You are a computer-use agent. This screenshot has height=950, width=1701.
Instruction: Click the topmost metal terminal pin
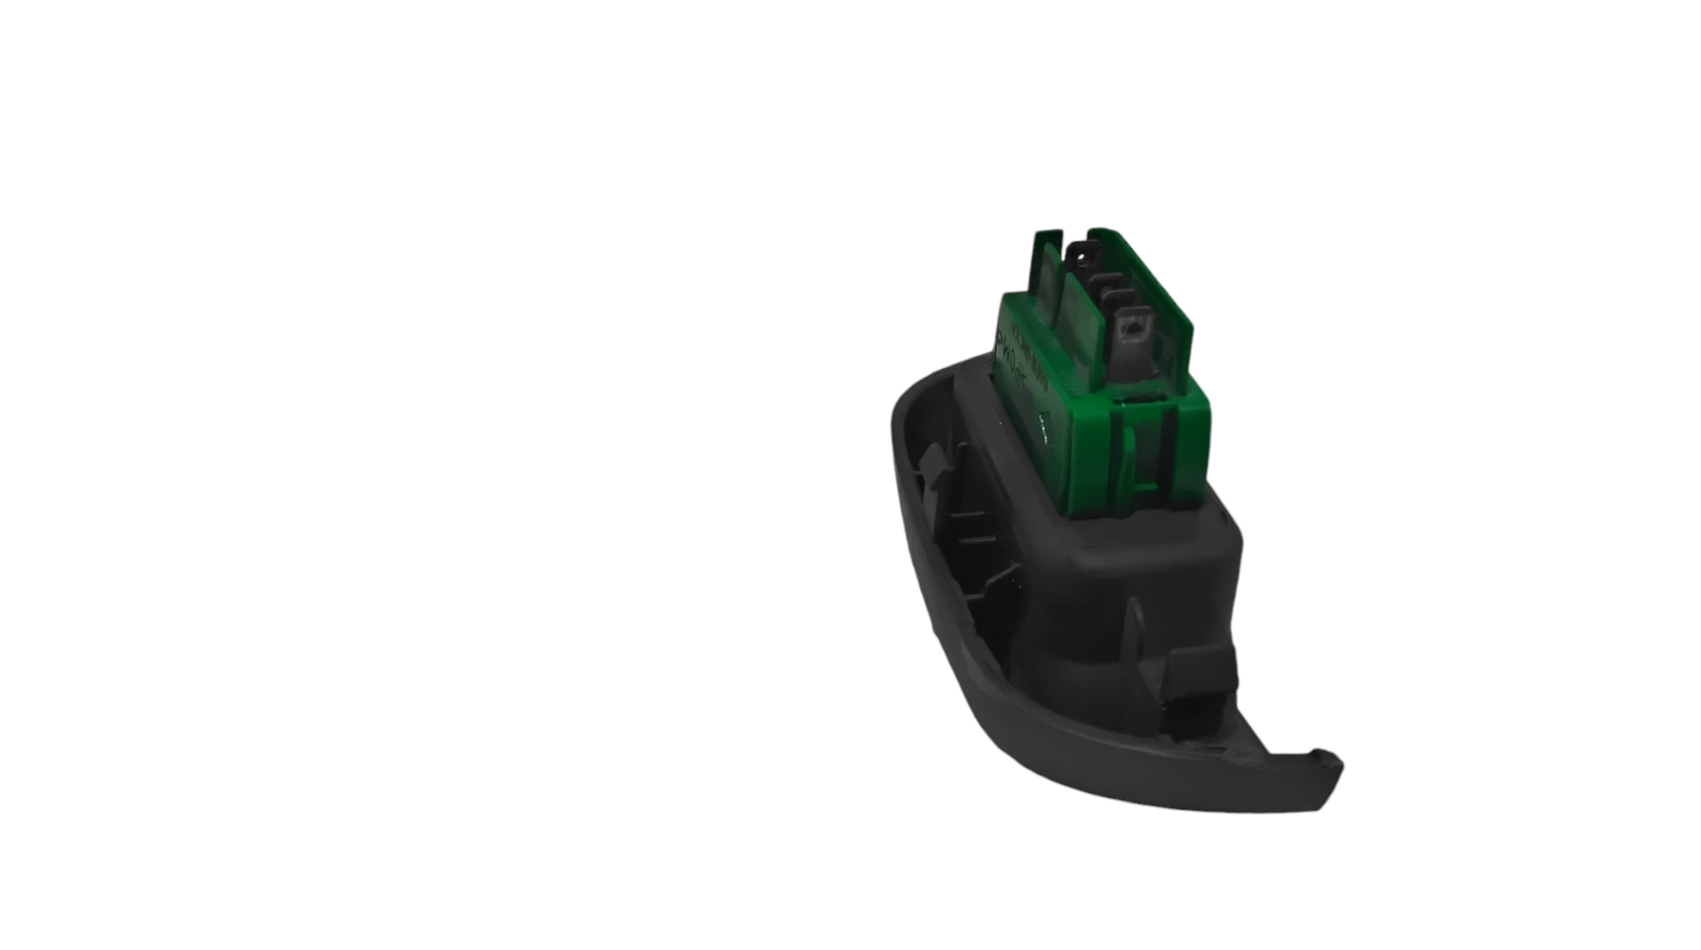pyautogui.click(x=1082, y=253)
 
